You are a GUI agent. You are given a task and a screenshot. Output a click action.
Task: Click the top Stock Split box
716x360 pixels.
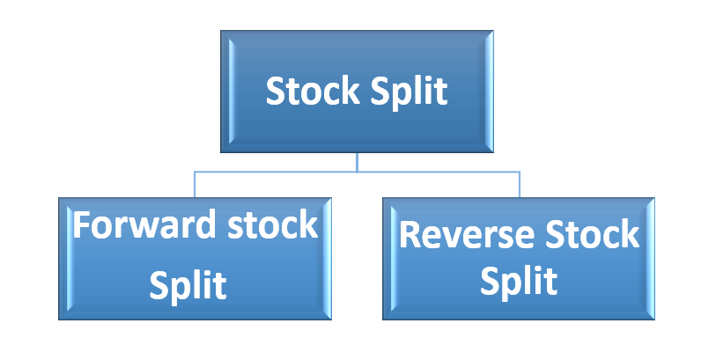[357, 92]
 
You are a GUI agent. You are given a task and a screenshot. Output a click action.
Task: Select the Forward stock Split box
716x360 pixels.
[196, 257]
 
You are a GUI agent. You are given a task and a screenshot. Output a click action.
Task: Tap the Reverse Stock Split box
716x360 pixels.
[518, 257]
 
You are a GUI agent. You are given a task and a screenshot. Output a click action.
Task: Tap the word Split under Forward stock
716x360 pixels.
[188, 284]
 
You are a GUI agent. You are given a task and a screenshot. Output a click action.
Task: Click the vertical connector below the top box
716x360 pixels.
[357, 163]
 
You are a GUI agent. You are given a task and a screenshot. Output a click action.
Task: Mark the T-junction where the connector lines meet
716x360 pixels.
[357, 173]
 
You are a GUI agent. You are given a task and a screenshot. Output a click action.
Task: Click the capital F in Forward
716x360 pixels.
[82, 226]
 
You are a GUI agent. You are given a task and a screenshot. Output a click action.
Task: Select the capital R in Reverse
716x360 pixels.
[410, 236]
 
